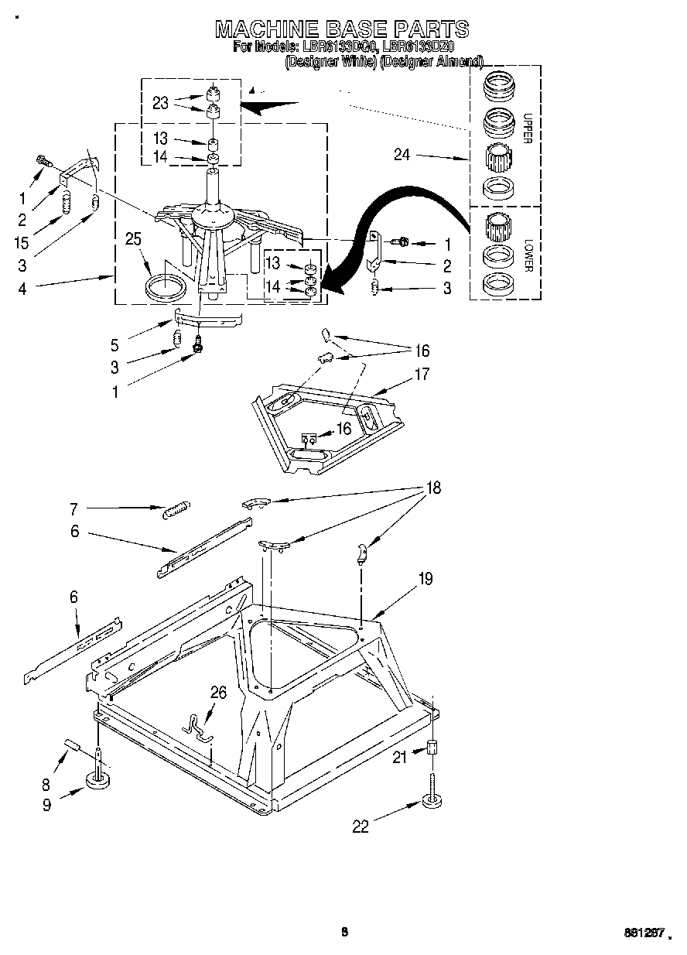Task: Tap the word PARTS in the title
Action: point(431,29)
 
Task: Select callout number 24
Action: point(402,155)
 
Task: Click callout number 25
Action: point(133,239)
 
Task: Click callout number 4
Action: point(22,289)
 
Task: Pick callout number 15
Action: point(22,243)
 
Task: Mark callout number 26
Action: point(218,692)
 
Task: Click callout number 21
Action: point(399,758)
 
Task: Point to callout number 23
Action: point(160,103)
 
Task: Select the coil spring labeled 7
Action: point(176,509)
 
